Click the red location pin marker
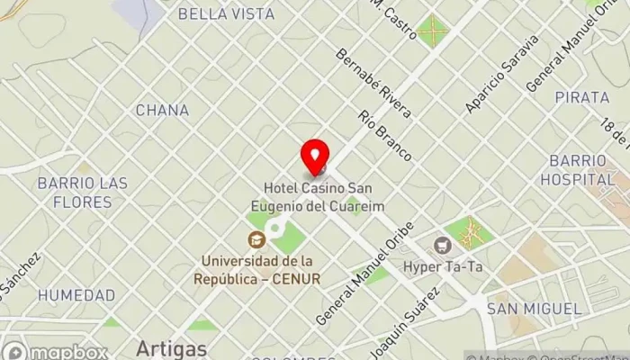tap(314, 157)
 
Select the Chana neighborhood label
tap(162, 111)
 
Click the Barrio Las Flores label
tap(82, 193)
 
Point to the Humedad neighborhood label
tap(76, 295)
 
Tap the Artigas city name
tap(172, 348)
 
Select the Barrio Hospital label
tap(577, 170)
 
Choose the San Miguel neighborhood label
tap(534, 309)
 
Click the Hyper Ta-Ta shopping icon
tap(442, 244)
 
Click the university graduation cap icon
tap(256, 239)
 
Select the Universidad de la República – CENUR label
tap(256, 270)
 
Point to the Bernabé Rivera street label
tap(373, 83)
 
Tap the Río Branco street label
tap(384, 135)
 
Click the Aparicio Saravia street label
tap(501, 75)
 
